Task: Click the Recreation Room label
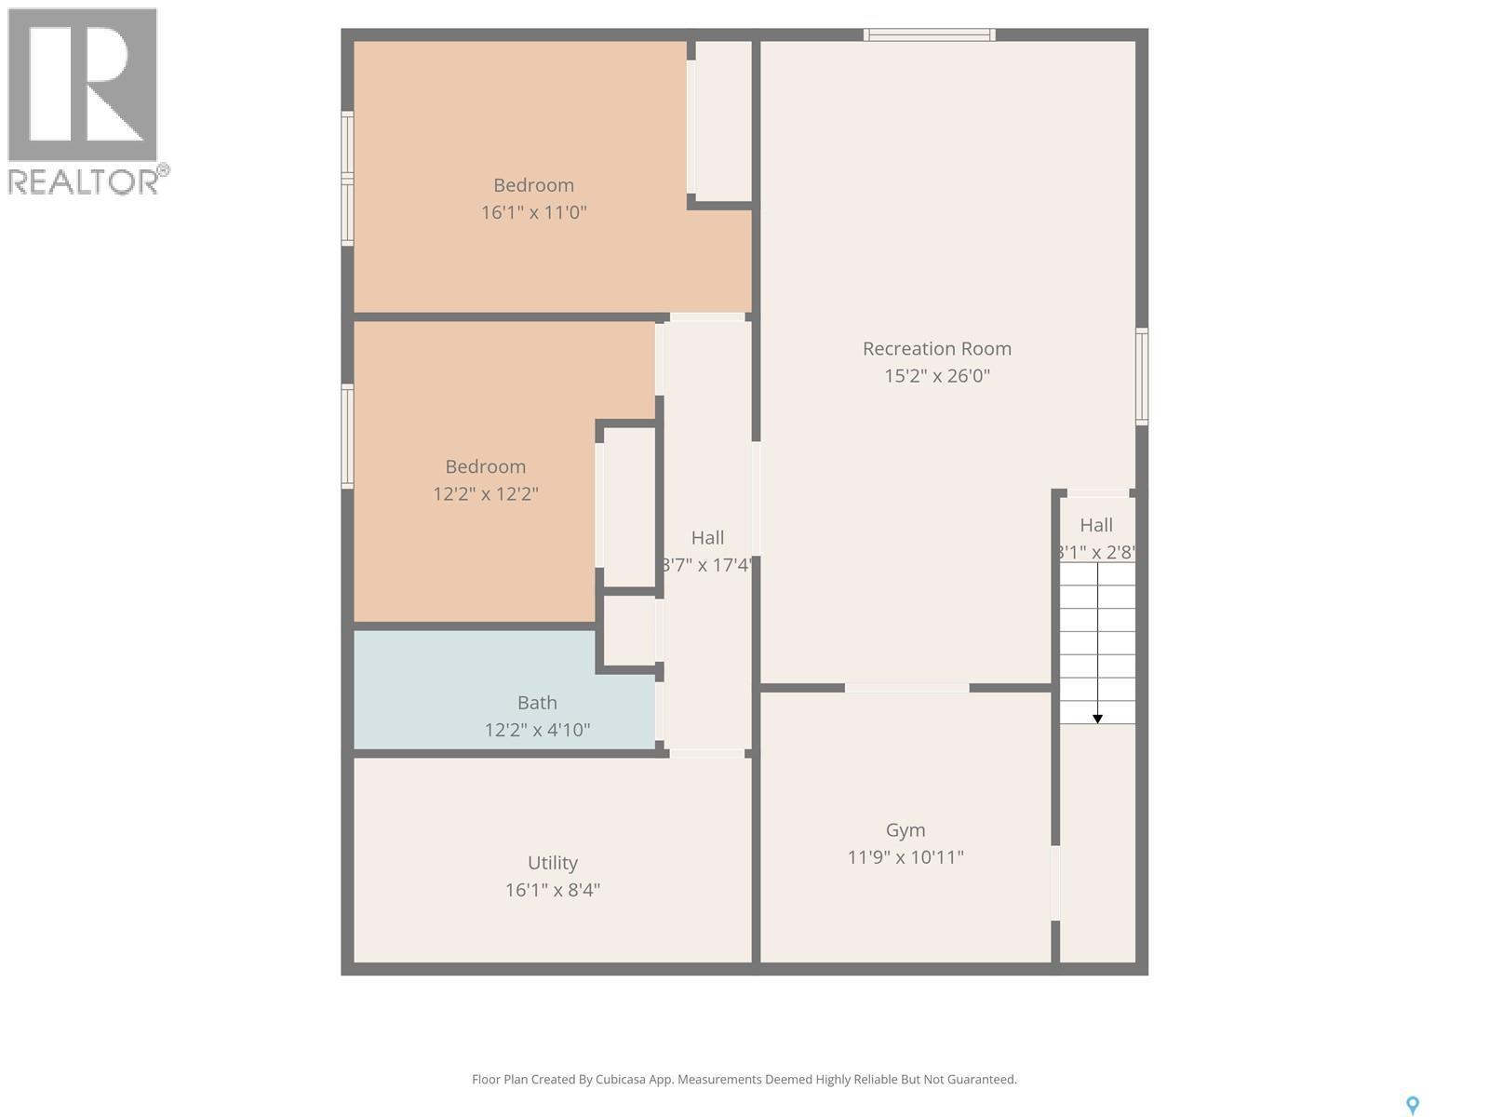click(936, 348)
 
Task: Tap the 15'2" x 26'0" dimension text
click(936, 376)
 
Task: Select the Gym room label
click(905, 829)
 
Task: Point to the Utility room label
click(552, 863)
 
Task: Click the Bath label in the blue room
click(537, 703)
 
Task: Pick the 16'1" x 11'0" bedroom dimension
click(533, 212)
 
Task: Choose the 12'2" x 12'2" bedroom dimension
click(485, 494)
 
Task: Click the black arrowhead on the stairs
click(1097, 719)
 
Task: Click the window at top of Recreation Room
click(929, 35)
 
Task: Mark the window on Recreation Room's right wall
click(1141, 376)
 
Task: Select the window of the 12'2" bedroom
click(347, 436)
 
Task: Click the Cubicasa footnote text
click(744, 1080)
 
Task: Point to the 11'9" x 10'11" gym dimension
click(905, 857)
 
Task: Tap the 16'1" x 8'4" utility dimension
click(552, 890)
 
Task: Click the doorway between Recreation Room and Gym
click(906, 688)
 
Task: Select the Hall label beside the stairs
click(1096, 525)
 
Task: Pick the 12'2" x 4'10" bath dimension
click(537, 730)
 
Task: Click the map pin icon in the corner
click(1412, 1105)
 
